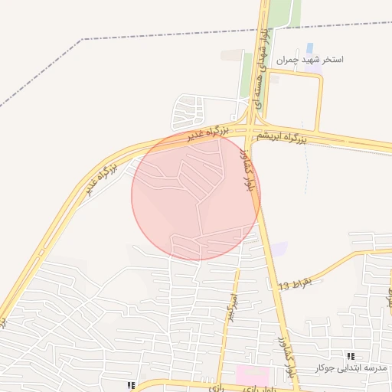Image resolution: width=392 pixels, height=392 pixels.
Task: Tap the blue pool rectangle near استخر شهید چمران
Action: click(309, 48)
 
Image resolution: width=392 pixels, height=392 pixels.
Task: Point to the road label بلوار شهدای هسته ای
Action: click(263, 65)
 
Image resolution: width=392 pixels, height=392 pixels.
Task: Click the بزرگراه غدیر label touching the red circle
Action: click(208, 133)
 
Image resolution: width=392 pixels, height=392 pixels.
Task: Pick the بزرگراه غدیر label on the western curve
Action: click(100, 178)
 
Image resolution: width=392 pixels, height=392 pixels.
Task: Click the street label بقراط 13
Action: click(296, 285)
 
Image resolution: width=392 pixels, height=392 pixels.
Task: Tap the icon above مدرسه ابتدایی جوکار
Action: click(351, 356)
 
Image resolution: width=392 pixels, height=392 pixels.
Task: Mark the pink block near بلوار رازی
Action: click(252, 375)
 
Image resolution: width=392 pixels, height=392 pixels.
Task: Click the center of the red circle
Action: click(196, 196)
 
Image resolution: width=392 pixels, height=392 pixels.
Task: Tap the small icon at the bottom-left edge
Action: click(131, 385)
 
